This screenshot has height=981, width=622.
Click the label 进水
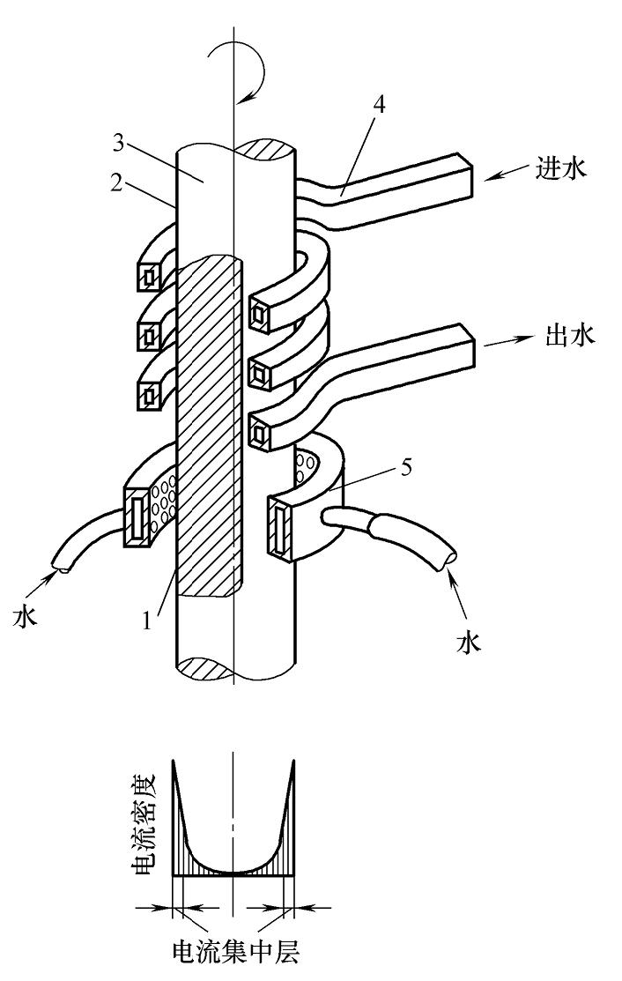pos(561,169)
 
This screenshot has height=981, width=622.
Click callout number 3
pos(121,144)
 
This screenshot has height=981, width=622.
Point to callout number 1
pos(147,620)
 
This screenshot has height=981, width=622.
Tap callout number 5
pos(405,467)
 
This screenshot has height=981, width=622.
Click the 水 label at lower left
pos(25,616)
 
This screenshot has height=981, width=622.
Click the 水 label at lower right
pos(469,643)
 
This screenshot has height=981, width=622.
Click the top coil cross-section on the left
pos(150,276)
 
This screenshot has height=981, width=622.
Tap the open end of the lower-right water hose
pos(448,557)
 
